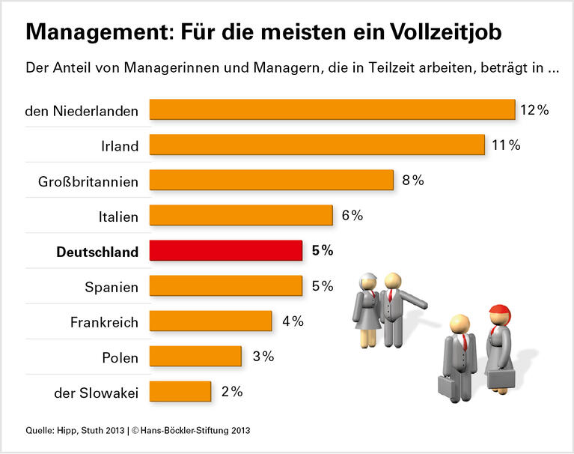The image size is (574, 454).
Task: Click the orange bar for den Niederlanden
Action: [x=332, y=109]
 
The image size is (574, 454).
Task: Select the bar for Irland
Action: [x=317, y=145]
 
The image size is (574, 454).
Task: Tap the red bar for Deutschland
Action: [x=226, y=250]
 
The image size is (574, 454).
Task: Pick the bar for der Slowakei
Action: [x=180, y=391]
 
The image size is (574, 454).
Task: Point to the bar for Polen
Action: [x=195, y=356]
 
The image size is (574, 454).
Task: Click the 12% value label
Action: [x=534, y=110]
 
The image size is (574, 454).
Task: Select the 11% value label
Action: [x=506, y=145]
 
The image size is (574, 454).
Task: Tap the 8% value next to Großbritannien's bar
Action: [x=412, y=180]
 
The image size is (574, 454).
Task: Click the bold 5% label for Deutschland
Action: [x=323, y=251]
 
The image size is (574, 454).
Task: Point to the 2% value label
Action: [x=231, y=391]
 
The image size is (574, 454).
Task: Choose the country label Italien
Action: [x=118, y=217]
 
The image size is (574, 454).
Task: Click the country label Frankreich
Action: [x=105, y=323]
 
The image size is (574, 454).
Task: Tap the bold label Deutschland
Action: [x=98, y=252]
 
